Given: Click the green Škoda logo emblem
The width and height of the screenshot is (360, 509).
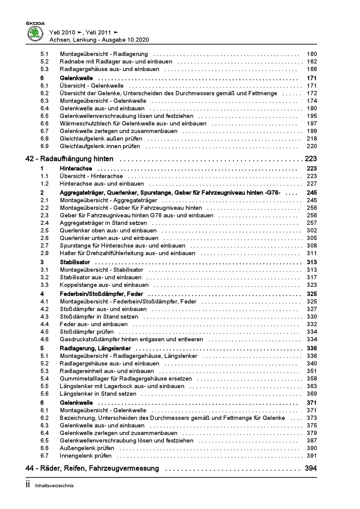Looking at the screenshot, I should point(35,33).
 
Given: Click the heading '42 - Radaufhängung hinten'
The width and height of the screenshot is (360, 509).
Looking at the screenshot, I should point(70,159).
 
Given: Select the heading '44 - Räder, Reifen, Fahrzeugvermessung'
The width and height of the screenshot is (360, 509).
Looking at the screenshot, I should point(92,468).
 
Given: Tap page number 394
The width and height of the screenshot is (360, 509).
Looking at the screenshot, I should point(311,468).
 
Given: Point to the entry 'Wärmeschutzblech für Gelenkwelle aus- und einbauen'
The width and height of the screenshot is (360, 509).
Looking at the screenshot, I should point(133,124).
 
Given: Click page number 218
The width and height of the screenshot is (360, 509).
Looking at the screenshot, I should point(312,139).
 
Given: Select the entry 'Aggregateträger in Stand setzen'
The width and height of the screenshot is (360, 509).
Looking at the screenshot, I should point(103,223).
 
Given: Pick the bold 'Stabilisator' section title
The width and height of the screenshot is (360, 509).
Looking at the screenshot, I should point(75,262).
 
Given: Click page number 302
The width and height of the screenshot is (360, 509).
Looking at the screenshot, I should point(312,231).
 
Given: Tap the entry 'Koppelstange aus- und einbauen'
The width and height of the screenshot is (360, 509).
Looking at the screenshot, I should point(104,285).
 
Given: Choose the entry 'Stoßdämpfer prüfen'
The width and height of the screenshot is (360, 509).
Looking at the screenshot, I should point(87,332).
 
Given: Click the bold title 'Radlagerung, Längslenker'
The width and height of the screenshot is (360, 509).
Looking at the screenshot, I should point(96,349).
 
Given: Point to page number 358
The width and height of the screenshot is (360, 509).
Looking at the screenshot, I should point(312,379).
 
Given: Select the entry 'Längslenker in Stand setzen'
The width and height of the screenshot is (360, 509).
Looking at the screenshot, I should point(98,394).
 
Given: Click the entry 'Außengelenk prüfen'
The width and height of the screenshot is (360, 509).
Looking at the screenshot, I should point(87,448).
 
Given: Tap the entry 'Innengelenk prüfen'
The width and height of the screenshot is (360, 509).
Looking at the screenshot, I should point(86,456).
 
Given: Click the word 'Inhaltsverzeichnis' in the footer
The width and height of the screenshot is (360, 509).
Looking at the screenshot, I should point(54,486).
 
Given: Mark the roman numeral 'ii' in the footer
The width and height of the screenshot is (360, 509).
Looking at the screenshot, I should point(28,485).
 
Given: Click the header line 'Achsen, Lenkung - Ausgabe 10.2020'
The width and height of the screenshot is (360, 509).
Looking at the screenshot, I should point(99,40).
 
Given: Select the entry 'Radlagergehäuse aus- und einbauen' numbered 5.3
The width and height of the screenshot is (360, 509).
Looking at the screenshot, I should point(109,69).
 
